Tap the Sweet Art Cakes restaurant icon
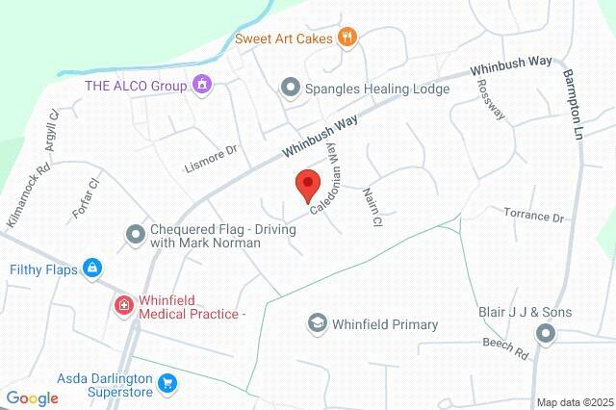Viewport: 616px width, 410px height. coord(347,38)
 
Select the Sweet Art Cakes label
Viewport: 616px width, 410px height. coord(283,38)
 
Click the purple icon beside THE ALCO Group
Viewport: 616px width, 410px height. coord(200,85)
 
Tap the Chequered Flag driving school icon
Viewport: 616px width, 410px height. coord(136,232)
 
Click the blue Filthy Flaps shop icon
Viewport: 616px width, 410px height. coord(91,268)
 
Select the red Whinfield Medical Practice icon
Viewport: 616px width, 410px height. coord(124,306)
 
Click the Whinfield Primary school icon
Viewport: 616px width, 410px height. coord(317,324)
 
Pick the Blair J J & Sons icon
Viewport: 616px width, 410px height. coord(546,334)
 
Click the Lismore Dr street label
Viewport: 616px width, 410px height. coord(211,159)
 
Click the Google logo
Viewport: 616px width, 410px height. coord(32,398)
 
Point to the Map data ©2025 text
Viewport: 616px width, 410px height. coord(574,402)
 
